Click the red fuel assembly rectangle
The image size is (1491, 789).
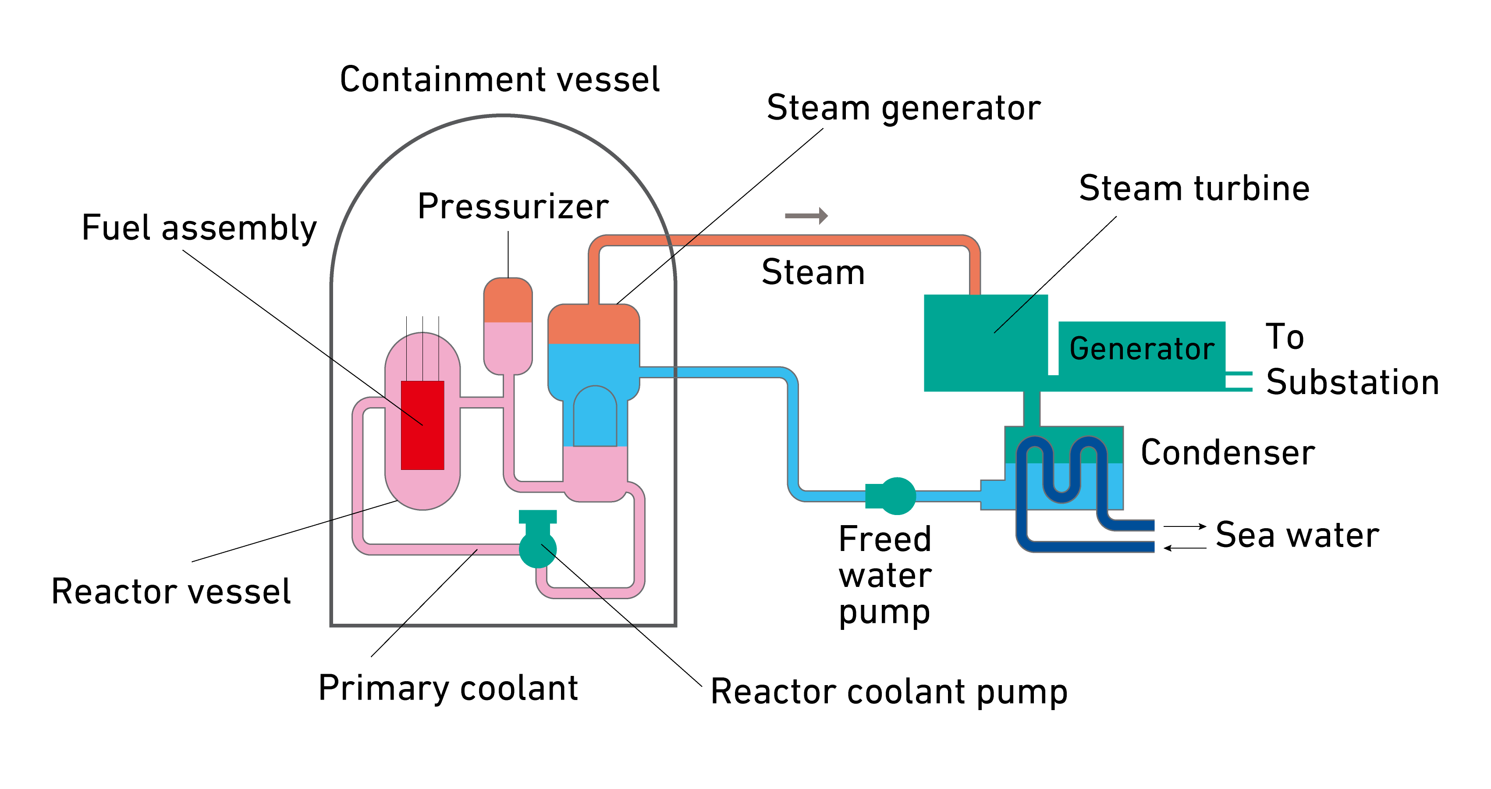[x=422, y=426]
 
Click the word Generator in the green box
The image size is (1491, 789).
[x=1141, y=349]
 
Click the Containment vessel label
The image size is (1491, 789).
[x=500, y=79]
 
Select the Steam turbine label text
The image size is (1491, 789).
[x=1194, y=189]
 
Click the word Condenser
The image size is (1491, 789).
[x=1228, y=453]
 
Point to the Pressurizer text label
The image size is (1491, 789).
[x=513, y=206]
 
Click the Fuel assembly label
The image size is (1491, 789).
[x=199, y=228]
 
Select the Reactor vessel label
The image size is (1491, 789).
[x=171, y=592]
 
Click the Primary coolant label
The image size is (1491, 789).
[x=448, y=688]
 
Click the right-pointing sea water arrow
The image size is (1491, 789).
[x=1184, y=526]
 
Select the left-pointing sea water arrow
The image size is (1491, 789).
[x=1184, y=547]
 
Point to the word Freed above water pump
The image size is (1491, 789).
[x=884, y=540]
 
